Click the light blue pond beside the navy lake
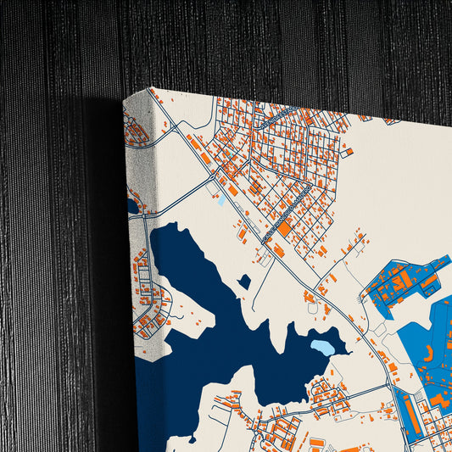(323, 347)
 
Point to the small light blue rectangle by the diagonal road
(221, 201)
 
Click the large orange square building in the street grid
(283, 227)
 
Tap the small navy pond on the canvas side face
(132, 206)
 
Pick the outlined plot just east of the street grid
(345, 153)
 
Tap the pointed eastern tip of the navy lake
(348, 351)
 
